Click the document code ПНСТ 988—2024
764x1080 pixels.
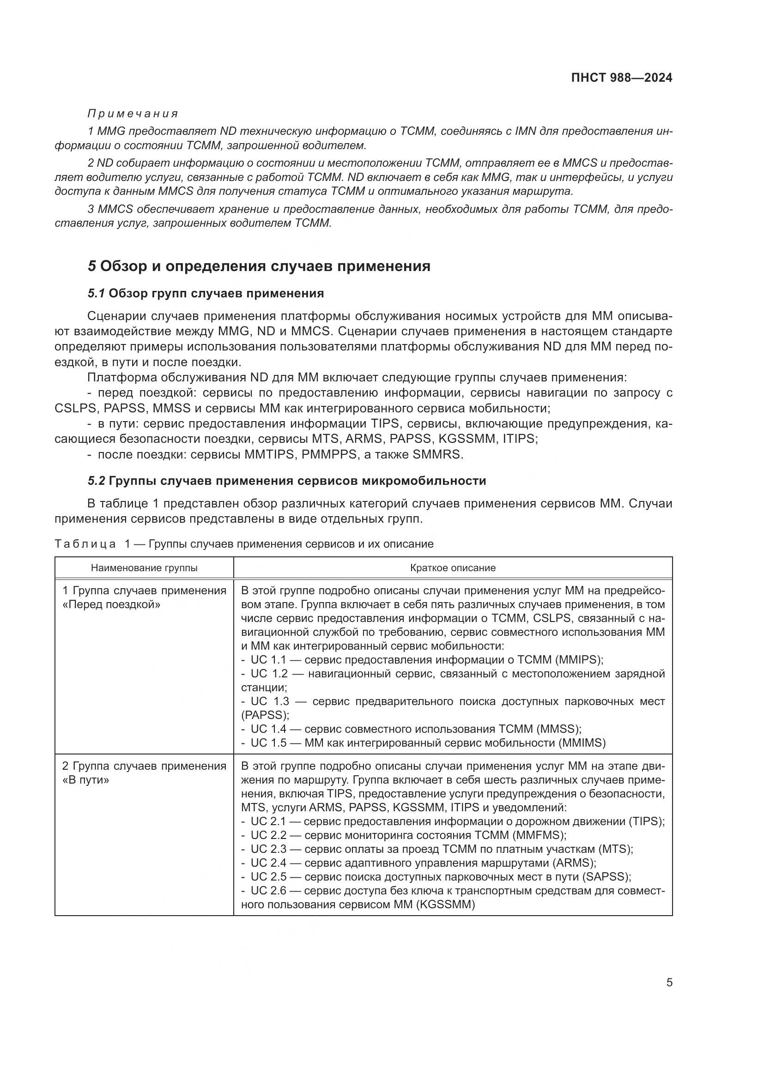click(621, 78)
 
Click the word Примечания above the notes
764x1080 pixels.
click(133, 114)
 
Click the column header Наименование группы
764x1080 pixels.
click(144, 568)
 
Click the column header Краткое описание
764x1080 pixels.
click(453, 568)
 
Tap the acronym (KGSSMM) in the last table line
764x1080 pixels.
click(445, 905)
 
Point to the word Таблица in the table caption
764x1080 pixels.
click(85, 544)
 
